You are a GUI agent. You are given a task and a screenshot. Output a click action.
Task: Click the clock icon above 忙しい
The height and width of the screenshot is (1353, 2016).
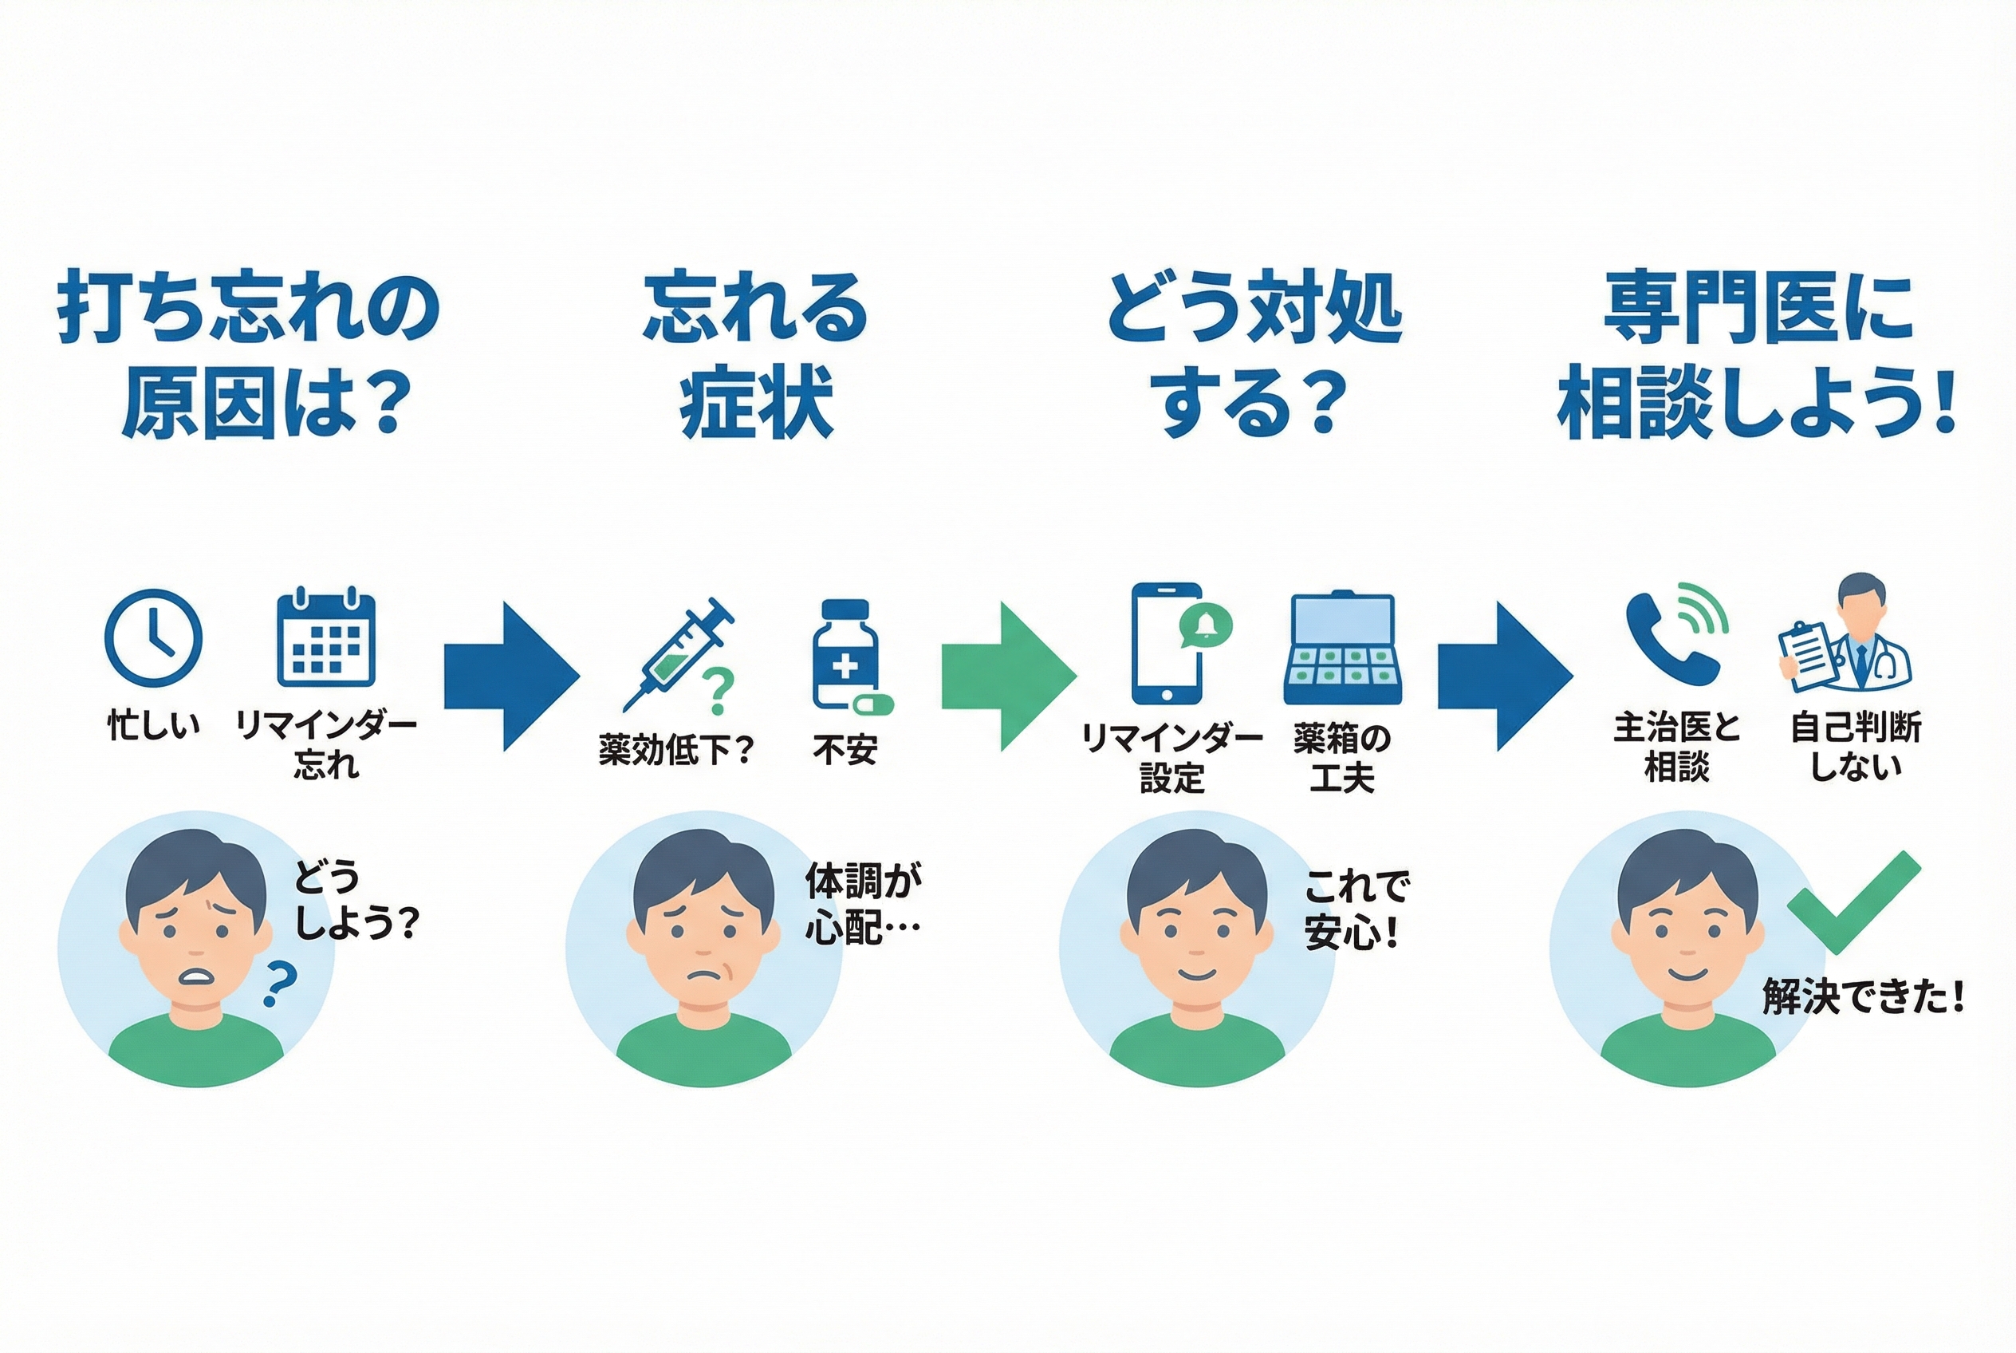154,637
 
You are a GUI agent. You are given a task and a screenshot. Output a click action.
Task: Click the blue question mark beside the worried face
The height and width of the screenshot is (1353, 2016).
279,984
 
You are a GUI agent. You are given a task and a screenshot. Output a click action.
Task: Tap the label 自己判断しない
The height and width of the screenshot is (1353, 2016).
1856,747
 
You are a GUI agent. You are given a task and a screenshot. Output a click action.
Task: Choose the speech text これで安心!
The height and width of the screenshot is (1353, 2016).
1356,910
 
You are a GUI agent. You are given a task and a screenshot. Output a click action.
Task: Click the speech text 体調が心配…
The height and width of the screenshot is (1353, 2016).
863,903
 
